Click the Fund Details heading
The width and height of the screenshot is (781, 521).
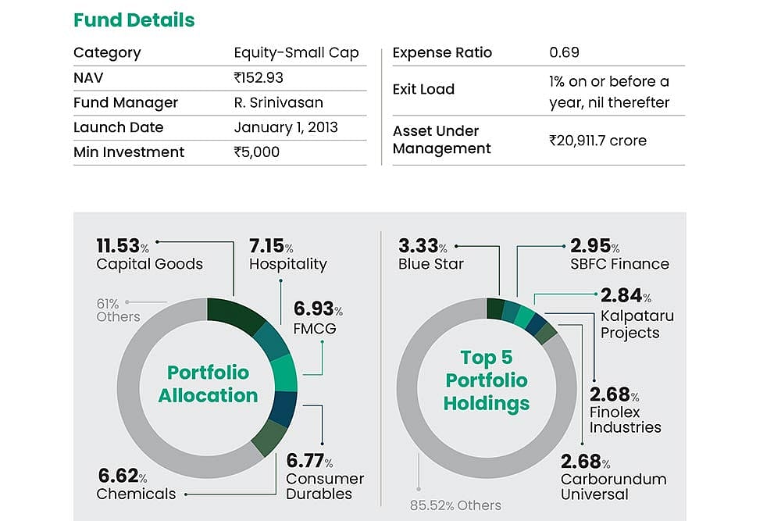(134, 20)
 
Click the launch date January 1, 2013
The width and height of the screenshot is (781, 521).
(286, 127)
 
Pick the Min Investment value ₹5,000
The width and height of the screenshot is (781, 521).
(256, 152)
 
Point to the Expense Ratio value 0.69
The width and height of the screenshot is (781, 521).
(564, 53)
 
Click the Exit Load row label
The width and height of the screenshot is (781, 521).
(423, 90)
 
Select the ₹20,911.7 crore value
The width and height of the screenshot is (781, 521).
(597, 141)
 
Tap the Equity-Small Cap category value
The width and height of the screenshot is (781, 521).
(296, 53)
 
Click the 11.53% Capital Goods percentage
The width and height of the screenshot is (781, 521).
(123, 247)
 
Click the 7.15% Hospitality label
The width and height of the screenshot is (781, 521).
(271, 247)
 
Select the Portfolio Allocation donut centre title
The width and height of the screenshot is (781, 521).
(208, 384)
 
